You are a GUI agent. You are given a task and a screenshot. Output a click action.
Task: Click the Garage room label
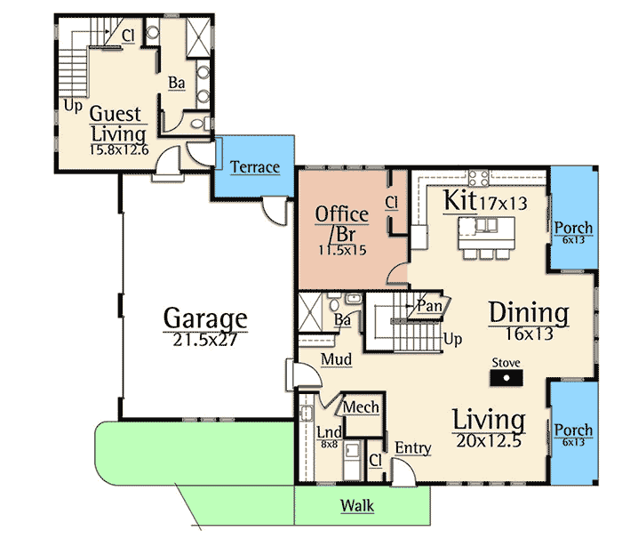click(x=205, y=318)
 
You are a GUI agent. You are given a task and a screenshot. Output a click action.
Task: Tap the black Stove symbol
click(x=506, y=378)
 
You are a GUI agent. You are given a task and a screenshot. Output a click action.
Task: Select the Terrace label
click(x=255, y=167)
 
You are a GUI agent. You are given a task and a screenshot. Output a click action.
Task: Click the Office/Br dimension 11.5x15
click(x=342, y=250)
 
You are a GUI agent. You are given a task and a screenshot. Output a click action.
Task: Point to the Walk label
click(x=357, y=505)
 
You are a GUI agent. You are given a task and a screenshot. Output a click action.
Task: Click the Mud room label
click(x=337, y=359)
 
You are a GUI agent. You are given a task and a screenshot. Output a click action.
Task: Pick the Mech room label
click(x=361, y=407)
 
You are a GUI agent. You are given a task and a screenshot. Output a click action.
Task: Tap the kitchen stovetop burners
click(x=479, y=178)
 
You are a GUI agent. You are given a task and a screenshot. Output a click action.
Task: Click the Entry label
click(x=413, y=448)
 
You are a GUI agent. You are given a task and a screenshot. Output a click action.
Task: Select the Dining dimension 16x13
click(x=529, y=334)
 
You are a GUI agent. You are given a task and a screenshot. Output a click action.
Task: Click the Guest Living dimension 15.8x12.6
click(x=119, y=149)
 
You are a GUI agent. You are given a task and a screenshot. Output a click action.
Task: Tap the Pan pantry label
click(x=429, y=306)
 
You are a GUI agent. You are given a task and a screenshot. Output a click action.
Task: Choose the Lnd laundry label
click(x=330, y=432)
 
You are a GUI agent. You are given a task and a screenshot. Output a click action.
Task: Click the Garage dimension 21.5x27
click(x=205, y=340)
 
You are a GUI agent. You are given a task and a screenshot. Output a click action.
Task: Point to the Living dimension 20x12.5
click(x=489, y=441)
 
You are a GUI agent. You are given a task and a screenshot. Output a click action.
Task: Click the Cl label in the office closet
click(x=392, y=203)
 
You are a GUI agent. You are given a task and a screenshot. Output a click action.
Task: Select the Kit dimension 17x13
click(x=503, y=204)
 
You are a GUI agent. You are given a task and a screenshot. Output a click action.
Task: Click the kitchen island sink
click(x=486, y=225)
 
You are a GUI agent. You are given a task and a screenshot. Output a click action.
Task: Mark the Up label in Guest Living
click(x=73, y=106)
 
